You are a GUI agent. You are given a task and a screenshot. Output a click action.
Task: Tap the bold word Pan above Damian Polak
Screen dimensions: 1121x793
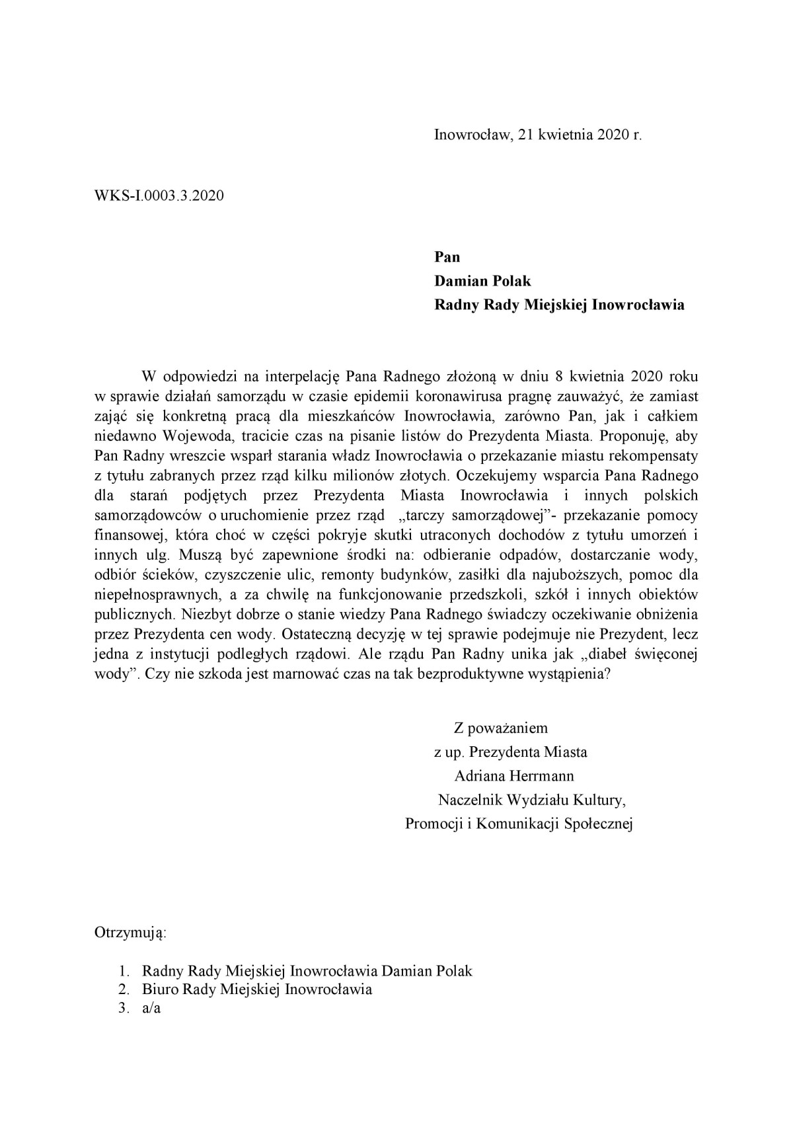click(x=447, y=256)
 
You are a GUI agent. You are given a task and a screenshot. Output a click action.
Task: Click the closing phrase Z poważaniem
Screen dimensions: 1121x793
click(x=500, y=728)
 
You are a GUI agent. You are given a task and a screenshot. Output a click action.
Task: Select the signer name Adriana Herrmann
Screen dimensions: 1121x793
click(x=513, y=776)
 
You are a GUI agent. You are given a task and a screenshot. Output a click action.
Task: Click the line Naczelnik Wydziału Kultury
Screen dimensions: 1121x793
click(x=531, y=800)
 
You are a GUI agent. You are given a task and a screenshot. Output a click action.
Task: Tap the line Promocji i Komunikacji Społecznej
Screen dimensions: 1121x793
click(x=519, y=824)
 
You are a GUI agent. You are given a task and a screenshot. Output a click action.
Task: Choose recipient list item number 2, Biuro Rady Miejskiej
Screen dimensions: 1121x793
click(x=256, y=989)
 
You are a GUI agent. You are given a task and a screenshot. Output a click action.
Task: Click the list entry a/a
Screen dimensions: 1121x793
click(x=151, y=1009)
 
